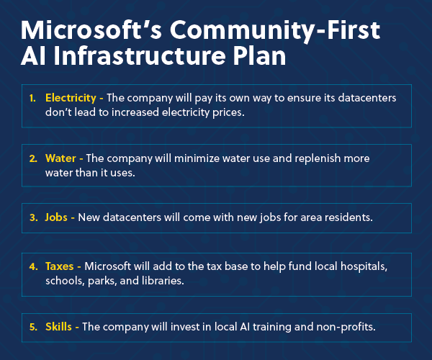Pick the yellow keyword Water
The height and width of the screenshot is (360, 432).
[x=60, y=158]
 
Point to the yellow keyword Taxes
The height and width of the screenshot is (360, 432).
[x=60, y=266]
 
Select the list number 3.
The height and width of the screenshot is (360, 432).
[x=33, y=217]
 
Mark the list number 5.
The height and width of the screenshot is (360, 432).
[x=33, y=327]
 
